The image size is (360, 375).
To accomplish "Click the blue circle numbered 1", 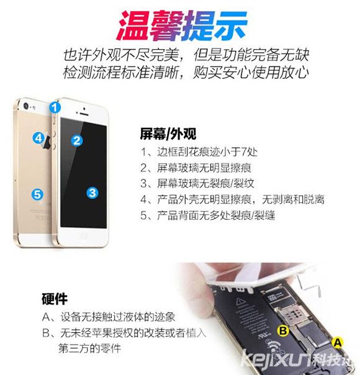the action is [55, 107].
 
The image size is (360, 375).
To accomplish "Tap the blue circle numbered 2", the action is [77, 140].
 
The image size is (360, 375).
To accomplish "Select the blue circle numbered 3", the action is [92, 192].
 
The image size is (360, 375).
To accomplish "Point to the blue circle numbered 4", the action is [38, 138].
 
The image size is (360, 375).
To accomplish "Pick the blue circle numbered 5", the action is [37, 194].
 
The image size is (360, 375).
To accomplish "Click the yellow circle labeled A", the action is [337, 343].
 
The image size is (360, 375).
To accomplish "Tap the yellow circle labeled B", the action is [283, 331].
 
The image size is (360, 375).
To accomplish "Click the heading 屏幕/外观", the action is [168, 134].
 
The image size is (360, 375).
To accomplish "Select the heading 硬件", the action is [55, 299].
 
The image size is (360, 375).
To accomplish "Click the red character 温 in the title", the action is [134, 25].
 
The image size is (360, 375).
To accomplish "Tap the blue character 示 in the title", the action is [230, 25].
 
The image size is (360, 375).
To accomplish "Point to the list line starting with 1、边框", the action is [199, 152].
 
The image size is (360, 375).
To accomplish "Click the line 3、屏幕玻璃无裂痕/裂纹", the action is [197, 183].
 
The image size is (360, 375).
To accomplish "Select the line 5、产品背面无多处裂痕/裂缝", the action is [208, 215].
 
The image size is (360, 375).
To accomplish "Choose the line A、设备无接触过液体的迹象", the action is [109, 317].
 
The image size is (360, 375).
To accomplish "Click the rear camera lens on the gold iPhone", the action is [26, 106].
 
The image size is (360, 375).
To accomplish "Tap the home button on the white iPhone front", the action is [84, 236].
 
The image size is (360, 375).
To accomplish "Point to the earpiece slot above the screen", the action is [84, 114].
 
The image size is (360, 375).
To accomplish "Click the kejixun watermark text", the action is [297, 359].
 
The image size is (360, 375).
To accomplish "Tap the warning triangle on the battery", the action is [240, 302].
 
